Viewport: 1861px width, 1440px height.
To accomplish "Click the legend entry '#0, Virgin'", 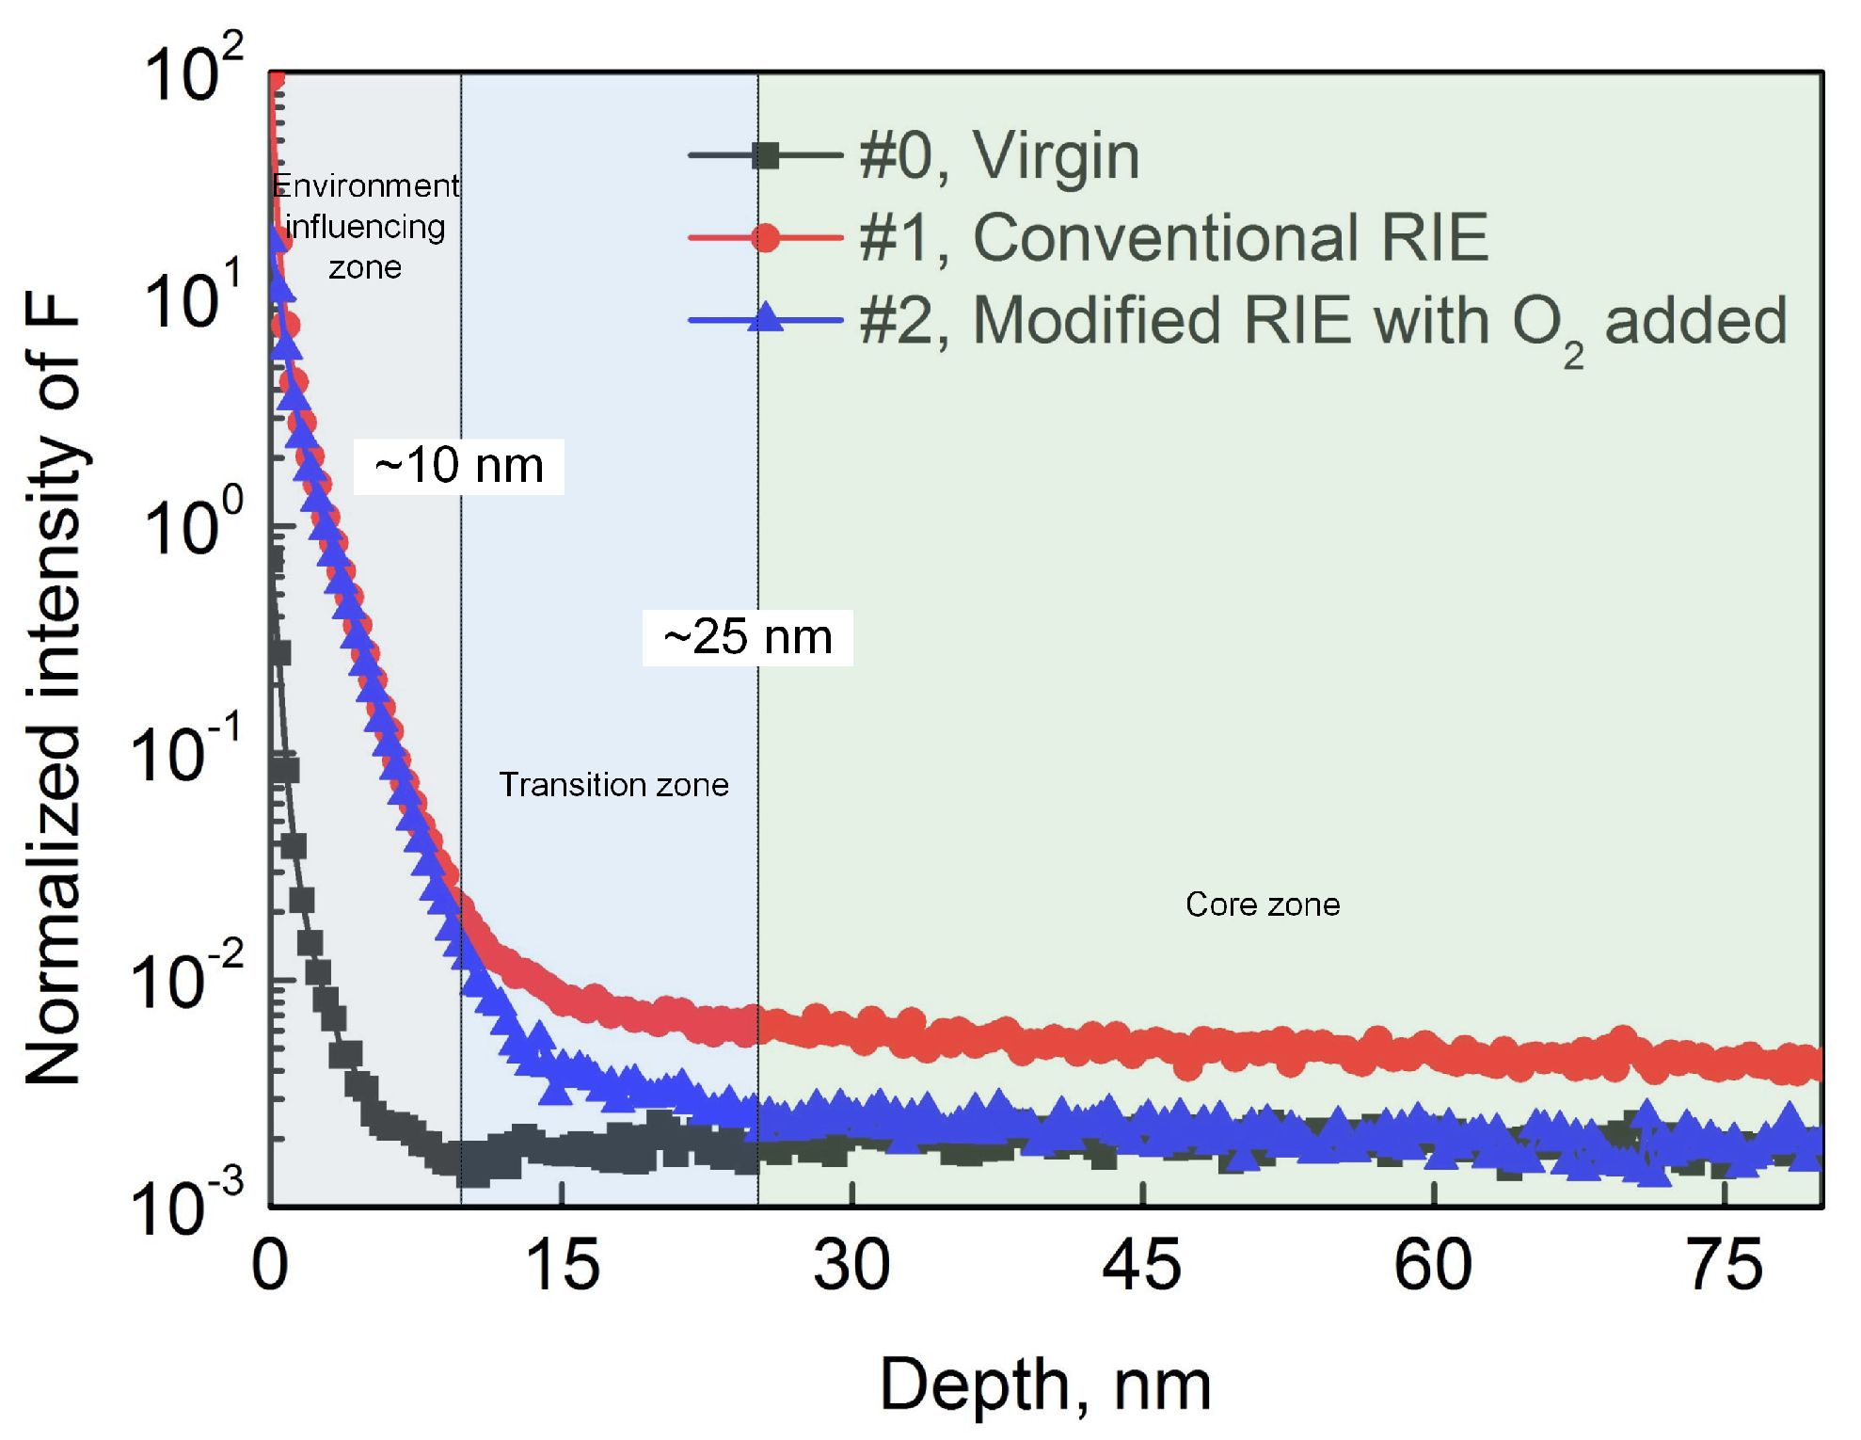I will pos(998,155).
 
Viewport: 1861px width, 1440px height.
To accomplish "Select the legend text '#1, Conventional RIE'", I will pos(1172,237).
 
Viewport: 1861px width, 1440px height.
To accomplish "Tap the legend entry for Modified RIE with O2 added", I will pos(1322,321).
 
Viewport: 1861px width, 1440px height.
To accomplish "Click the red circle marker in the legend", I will pos(766,237).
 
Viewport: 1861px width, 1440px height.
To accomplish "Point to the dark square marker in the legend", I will pos(766,155).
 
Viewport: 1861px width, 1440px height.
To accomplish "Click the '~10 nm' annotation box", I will pos(458,466).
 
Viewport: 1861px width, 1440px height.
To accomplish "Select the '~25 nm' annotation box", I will pos(747,637).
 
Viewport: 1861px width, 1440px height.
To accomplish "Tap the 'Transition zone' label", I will pos(613,784).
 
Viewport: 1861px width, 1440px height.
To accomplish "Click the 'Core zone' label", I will pos(1262,904).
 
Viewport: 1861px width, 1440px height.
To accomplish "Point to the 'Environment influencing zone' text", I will pos(365,226).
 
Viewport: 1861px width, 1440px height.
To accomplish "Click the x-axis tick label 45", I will pos(1141,1266).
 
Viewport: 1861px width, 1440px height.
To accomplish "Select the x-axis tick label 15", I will pos(562,1266).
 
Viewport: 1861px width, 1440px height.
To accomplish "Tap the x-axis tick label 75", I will pos(1724,1266).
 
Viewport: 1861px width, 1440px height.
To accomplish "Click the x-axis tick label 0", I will pos(270,1266).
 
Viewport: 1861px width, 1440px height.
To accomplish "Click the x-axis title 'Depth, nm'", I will pos(1045,1385).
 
